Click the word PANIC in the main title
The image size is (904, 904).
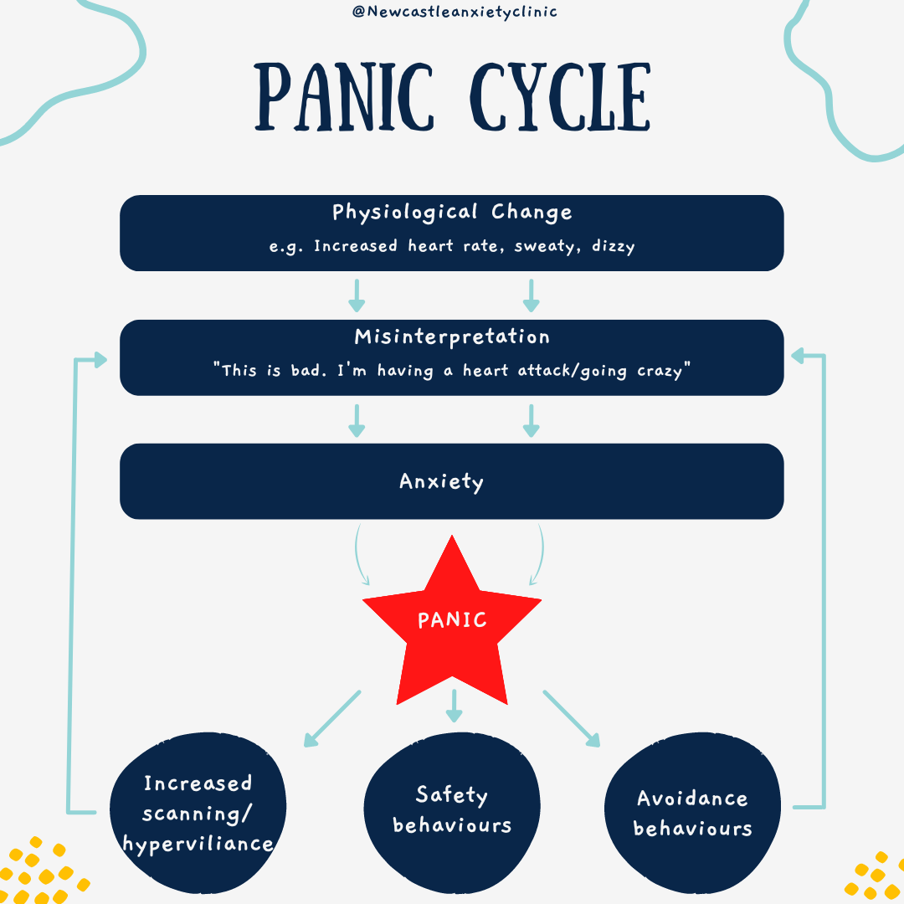point(344,97)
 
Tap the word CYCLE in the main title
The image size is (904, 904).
point(560,97)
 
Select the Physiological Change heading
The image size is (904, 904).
point(452,212)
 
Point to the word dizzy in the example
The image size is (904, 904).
point(614,247)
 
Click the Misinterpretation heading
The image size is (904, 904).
point(452,336)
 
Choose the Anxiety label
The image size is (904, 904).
point(442,481)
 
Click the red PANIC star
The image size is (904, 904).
point(452,628)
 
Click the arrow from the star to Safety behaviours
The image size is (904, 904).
point(454,706)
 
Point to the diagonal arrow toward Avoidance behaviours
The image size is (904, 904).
point(573,718)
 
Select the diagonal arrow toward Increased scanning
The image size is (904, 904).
point(332,718)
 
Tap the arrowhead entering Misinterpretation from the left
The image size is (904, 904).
point(100,360)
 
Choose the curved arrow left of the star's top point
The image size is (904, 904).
point(362,556)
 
